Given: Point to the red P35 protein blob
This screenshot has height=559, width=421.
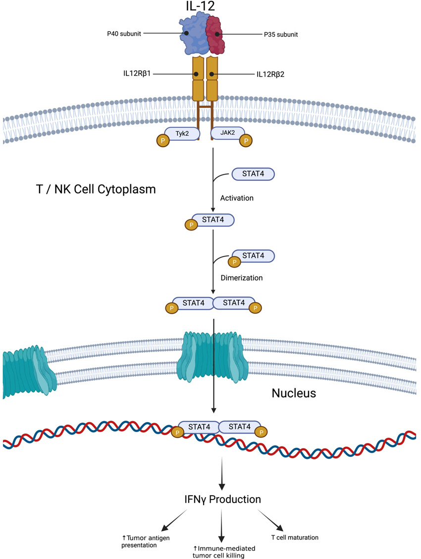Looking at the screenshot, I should click(x=216, y=35).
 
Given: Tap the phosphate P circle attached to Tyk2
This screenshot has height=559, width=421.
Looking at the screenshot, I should click(x=162, y=141).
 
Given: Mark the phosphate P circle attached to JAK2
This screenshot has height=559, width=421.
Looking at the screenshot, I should click(x=245, y=141).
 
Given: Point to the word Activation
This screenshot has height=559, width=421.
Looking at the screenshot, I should click(x=237, y=198).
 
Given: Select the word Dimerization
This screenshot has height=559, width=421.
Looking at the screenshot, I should click(x=241, y=278).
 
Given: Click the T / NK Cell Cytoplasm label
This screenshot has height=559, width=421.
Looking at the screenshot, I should click(x=94, y=189).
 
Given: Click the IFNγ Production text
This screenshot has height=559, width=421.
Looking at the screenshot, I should click(x=220, y=499).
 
